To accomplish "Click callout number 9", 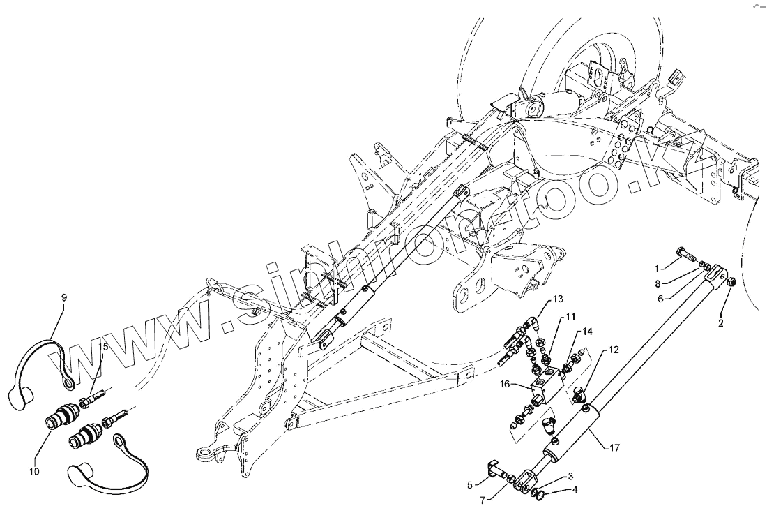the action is tap(64, 298).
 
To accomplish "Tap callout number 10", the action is tap(35, 471).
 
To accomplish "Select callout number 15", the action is tap(104, 346).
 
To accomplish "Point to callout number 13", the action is tap(558, 299).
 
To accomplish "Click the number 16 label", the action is tap(505, 384).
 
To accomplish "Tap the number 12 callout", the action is tap(613, 349).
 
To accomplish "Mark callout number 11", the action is tap(570, 317).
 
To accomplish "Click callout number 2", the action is tap(721, 323).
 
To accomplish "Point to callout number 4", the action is tap(575, 489).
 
